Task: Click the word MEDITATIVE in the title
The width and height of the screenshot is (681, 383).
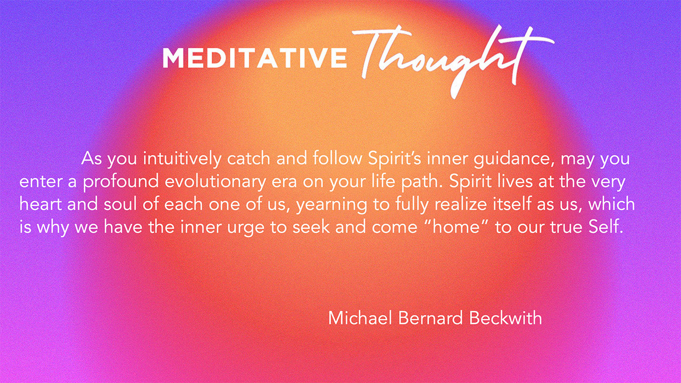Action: pyautogui.click(x=255, y=57)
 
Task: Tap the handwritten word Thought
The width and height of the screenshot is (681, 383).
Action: pyautogui.click(x=453, y=61)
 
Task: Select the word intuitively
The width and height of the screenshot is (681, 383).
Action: pyautogui.click(x=182, y=159)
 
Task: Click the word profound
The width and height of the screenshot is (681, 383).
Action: pyautogui.click(x=121, y=181)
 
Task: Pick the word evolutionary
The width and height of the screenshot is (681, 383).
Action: pyautogui.click(x=215, y=181)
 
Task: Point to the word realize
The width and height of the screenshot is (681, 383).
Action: pyautogui.click(x=461, y=204)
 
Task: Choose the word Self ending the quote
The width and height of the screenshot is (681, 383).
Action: pyautogui.click(x=606, y=227)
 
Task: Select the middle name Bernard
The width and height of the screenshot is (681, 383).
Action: pyautogui.click(x=430, y=318)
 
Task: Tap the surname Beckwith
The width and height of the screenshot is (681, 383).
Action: pyautogui.click(x=505, y=318)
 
